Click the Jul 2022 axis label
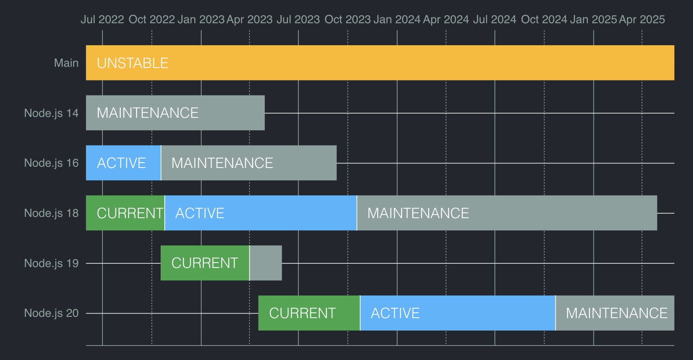pos(102,19)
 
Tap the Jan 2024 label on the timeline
pos(397,19)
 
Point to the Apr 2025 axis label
pos(642,19)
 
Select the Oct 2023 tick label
pos(347,19)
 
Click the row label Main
pos(66,63)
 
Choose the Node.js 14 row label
pos(51,113)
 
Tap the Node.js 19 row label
pos(51,263)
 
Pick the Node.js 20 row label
pos(51,313)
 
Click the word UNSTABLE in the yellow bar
pos(132,63)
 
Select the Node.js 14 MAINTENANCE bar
pos(175,113)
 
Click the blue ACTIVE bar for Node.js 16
pos(123,163)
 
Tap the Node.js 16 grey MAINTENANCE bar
pos(249,163)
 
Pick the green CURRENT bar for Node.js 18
pos(125,213)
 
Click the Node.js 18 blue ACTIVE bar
pos(261,213)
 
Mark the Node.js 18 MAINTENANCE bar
pos(507,213)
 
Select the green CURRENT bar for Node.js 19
pos(205,263)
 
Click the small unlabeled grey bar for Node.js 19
pos(266,263)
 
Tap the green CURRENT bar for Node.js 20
pos(309,313)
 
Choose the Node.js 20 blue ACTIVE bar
pos(458,313)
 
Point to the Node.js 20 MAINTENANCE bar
pos(615,313)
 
